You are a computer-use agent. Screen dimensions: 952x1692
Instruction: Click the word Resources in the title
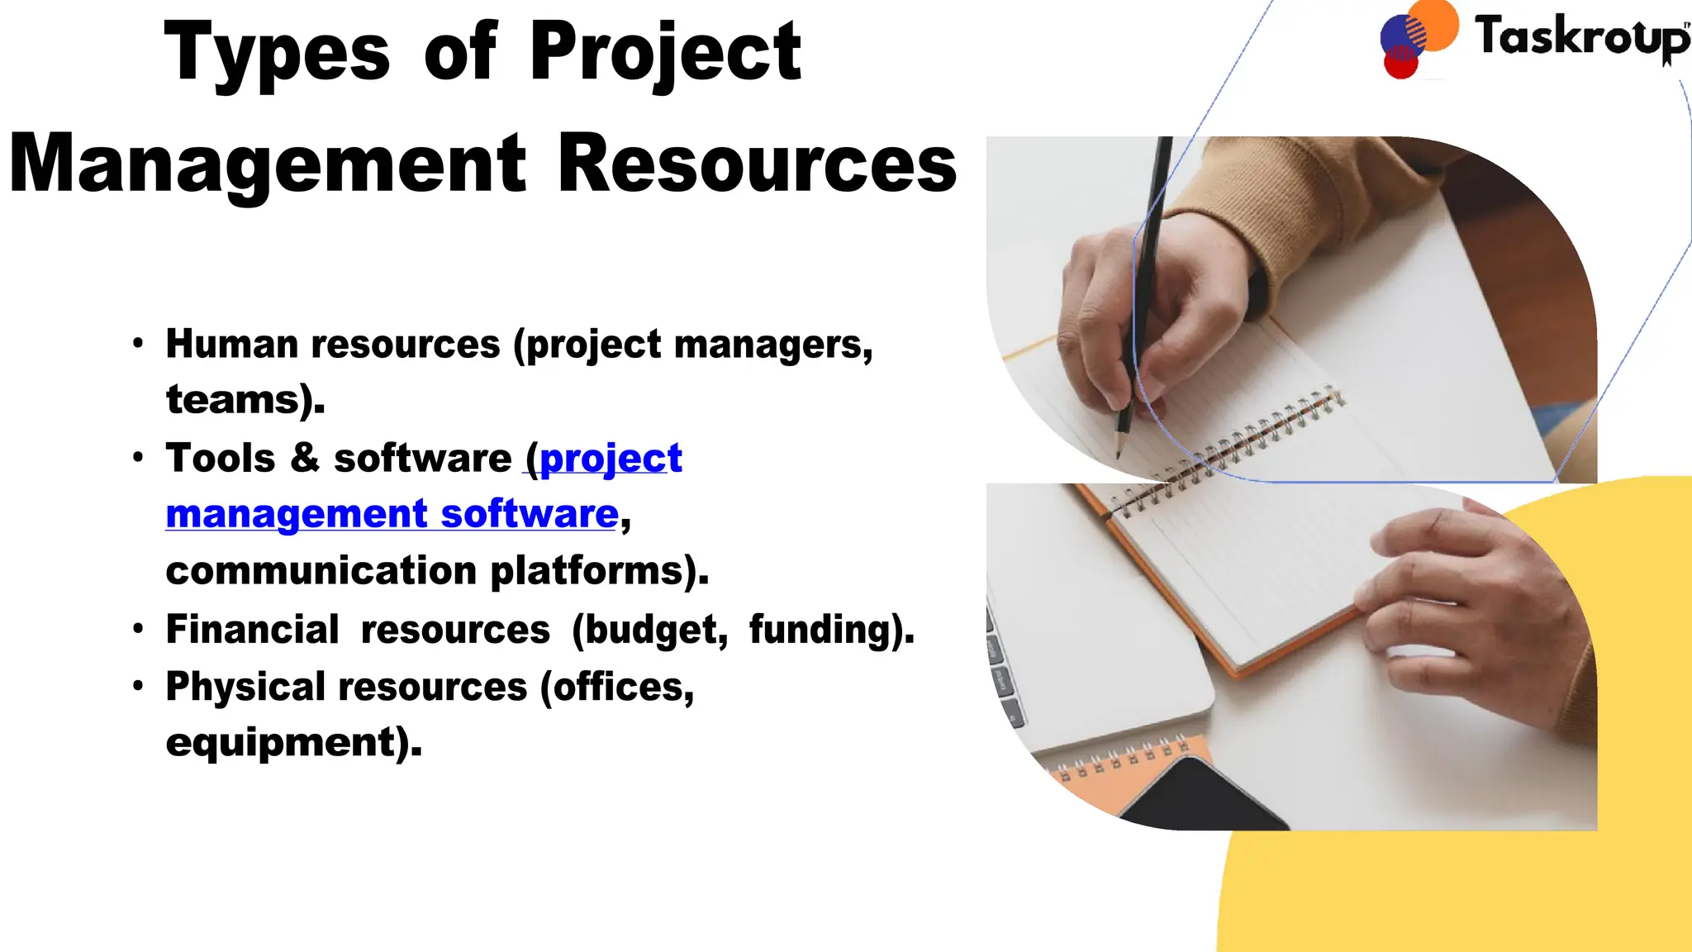[x=757, y=164]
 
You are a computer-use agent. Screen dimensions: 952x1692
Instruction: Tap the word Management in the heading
[x=268, y=164]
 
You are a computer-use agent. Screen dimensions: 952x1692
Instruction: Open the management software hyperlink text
[x=392, y=514]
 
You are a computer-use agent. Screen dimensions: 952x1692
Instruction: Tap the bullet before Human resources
[x=138, y=343]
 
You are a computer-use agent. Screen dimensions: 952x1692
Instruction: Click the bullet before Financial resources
[x=138, y=629]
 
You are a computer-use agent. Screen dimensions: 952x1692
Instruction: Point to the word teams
[x=232, y=400]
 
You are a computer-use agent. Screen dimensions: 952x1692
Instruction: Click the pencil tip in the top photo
[x=1119, y=454]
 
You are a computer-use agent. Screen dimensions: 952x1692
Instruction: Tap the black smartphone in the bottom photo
[x=1198, y=797]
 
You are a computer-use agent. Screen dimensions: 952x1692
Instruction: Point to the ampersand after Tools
[x=305, y=458]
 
